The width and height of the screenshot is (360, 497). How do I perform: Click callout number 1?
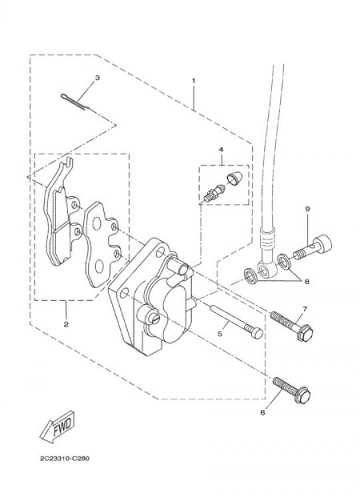[x=193, y=80]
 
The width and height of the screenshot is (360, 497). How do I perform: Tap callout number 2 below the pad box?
[x=66, y=324]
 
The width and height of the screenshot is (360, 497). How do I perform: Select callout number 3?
[x=97, y=77]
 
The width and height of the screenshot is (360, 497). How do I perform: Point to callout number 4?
[x=221, y=149]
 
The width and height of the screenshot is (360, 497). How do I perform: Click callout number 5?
[x=220, y=334]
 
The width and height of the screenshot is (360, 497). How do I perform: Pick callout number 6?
[x=262, y=413]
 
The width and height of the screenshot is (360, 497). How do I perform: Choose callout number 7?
[x=305, y=308]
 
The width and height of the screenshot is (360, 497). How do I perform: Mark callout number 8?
[x=307, y=282]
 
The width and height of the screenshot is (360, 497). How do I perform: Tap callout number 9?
[x=307, y=209]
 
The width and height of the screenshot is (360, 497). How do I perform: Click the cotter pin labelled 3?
[x=73, y=102]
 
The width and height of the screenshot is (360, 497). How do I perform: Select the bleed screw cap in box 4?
[x=235, y=178]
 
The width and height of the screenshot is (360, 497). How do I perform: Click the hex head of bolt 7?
[x=305, y=334]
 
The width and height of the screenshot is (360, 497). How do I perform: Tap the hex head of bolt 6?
[x=302, y=396]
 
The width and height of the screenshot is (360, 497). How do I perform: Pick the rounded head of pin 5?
[x=257, y=332]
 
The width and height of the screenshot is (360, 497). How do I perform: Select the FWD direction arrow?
[x=57, y=426]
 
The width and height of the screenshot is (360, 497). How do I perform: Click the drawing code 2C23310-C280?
[x=65, y=458]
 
